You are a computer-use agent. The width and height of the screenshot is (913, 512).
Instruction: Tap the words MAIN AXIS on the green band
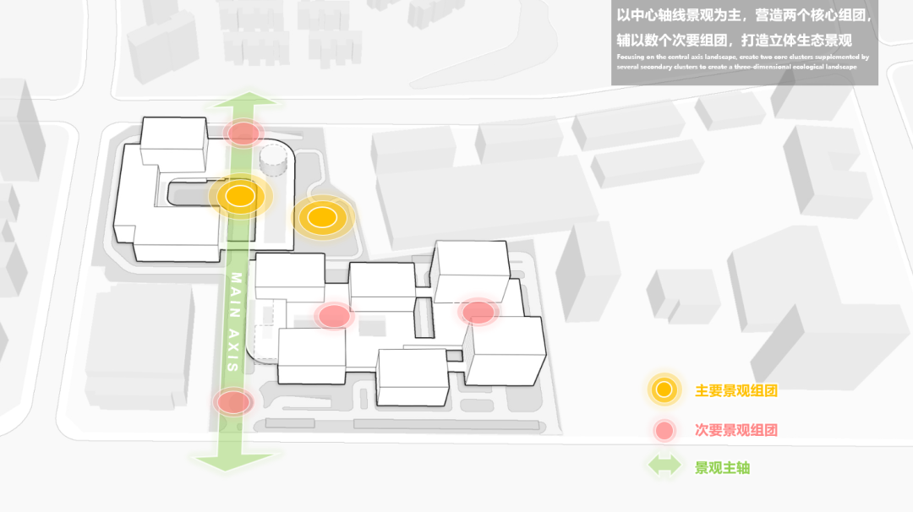(x=236, y=322)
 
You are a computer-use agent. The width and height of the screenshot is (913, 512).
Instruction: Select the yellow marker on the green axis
(x=240, y=196)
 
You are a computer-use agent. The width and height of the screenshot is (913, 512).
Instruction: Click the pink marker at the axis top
(x=243, y=133)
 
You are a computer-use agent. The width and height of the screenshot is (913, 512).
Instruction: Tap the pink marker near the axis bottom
(x=232, y=401)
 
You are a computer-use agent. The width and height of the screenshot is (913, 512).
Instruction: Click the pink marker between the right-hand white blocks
(x=478, y=312)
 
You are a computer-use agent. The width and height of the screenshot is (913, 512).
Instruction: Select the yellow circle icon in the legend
(x=664, y=389)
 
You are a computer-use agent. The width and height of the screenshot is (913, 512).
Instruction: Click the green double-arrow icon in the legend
(x=664, y=467)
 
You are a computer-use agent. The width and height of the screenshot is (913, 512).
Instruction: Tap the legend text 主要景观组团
(x=735, y=391)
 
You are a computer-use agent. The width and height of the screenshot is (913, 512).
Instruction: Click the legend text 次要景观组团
(x=735, y=430)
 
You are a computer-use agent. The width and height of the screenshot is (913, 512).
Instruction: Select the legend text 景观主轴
(x=722, y=468)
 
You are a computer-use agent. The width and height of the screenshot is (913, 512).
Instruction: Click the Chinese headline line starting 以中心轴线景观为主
(x=744, y=16)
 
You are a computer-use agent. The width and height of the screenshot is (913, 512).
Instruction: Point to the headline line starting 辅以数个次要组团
(x=734, y=40)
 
